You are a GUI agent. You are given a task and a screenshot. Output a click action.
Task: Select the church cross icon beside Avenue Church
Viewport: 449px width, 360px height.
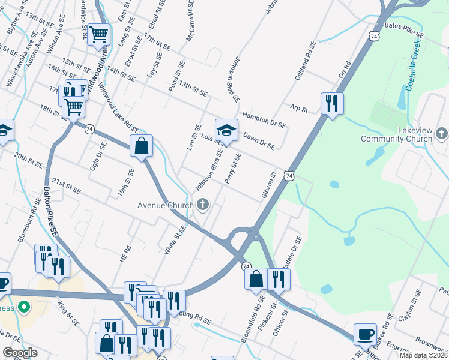point(203,205)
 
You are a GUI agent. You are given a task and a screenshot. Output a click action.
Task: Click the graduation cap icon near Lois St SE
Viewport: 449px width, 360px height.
point(226,130)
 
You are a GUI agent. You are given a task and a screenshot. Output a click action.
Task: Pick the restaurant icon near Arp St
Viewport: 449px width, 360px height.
point(331,103)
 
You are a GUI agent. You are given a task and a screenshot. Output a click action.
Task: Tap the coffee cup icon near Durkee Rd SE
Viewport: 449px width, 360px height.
point(364,334)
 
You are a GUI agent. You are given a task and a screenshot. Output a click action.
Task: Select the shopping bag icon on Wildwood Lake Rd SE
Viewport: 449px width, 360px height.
point(141,146)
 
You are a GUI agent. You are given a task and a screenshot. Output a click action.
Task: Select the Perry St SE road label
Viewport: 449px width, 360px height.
point(233,167)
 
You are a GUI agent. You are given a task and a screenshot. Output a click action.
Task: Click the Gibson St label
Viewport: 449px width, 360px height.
point(268,186)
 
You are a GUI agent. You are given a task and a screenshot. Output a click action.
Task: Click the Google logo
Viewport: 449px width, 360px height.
point(20,353)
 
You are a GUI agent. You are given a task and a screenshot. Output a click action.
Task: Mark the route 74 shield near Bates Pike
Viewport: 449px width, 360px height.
point(374,37)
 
